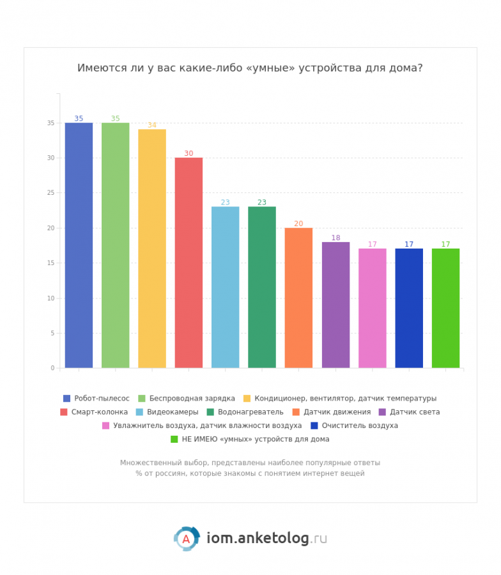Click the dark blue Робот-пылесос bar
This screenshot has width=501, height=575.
point(79,245)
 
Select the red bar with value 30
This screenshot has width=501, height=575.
point(189,263)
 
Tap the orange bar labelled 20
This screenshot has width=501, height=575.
point(298,298)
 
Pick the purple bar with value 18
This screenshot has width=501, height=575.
point(335,305)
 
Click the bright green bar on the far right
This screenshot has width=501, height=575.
point(445,308)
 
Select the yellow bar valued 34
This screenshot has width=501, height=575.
point(152,249)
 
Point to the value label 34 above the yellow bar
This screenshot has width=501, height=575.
point(152,125)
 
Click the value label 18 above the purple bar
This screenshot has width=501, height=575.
point(335,238)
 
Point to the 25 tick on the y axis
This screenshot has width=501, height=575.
point(51,193)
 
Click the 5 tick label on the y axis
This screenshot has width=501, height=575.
point(52,333)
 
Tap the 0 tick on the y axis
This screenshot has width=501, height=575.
point(52,368)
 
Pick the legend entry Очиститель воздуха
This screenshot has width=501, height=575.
point(360,425)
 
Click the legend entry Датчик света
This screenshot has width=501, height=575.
point(415,412)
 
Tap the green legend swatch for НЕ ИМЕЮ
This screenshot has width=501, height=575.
point(174,439)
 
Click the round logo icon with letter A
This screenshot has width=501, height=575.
point(186,539)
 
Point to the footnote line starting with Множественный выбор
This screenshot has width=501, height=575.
point(250,463)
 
